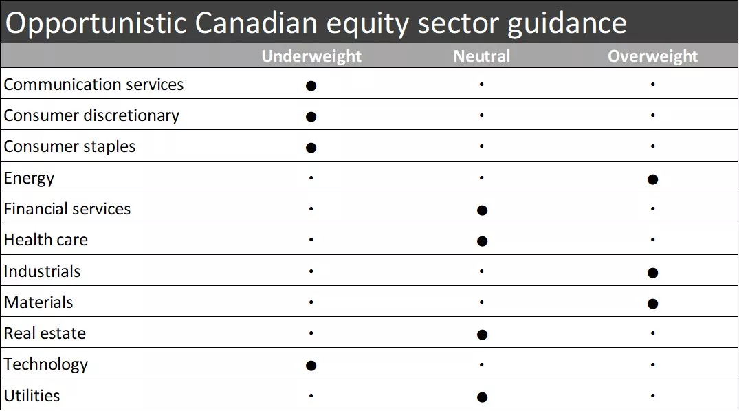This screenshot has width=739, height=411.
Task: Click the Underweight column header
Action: pos(311,56)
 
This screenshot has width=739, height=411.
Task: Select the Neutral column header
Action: pos(482,56)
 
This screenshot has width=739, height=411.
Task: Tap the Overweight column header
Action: pos(652,56)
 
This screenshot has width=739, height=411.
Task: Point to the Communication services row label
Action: pos(93,85)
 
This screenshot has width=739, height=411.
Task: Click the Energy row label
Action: pos(29,179)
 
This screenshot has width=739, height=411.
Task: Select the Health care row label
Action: pos(46,240)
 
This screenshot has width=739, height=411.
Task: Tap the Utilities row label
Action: pos(32,396)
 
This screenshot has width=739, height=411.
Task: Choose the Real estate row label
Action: pos(45,333)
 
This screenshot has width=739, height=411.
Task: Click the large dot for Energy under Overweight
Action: pos(652,179)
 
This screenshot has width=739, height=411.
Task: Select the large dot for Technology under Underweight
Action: pos(311,366)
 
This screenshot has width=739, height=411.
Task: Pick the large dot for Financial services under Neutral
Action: pos(482,210)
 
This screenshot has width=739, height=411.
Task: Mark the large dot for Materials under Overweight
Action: pos(652,304)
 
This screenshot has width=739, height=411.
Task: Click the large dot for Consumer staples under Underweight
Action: pos(311,148)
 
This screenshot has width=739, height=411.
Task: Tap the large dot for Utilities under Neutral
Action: pos(482,397)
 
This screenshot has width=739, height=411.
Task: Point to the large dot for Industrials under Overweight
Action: pos(652,273)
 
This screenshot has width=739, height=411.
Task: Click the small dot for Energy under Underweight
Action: pos(311,178)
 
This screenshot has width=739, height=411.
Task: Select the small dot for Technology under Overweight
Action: pos(652,365)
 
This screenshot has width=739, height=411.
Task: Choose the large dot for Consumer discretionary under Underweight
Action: pos(311,117)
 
